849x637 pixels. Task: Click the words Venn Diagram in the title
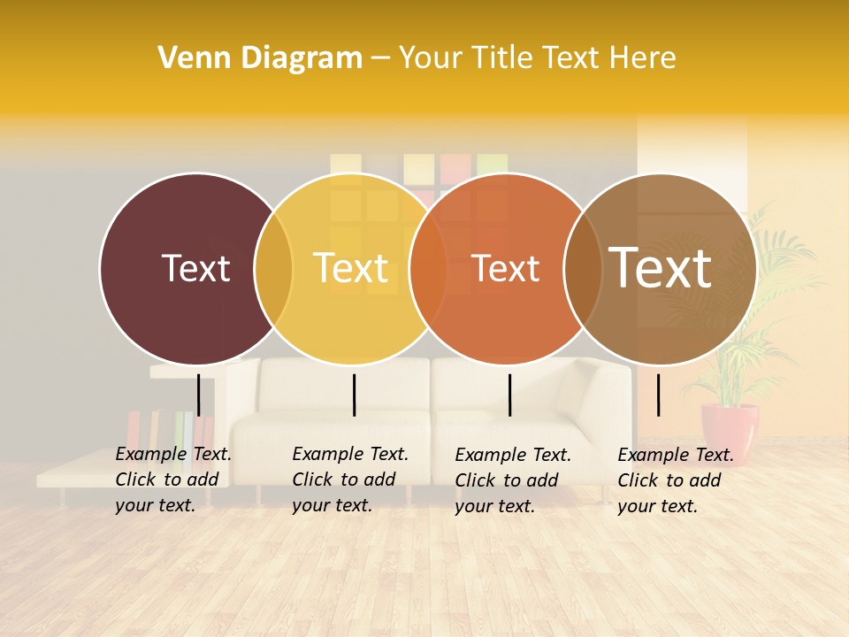point(260,58)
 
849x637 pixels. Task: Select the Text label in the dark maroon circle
point(195,268)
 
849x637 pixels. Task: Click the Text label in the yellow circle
point(350,268)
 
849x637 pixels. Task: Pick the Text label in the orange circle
point(505,268)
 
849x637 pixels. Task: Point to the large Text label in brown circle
point(661,267)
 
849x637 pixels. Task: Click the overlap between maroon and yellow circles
point(273,269)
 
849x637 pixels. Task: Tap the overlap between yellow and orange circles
point(428,269)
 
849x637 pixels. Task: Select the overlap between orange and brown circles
point(583,269)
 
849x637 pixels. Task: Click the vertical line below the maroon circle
point(199,395)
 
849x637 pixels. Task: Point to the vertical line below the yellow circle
point(354,395)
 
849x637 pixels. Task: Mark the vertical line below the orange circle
point(509,395)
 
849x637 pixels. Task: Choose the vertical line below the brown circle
point(658,395)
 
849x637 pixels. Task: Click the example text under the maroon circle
point(172,480)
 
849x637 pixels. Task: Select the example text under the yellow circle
point(349,480)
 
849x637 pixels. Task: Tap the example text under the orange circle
point(512,480)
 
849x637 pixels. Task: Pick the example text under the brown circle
point(675,480)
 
